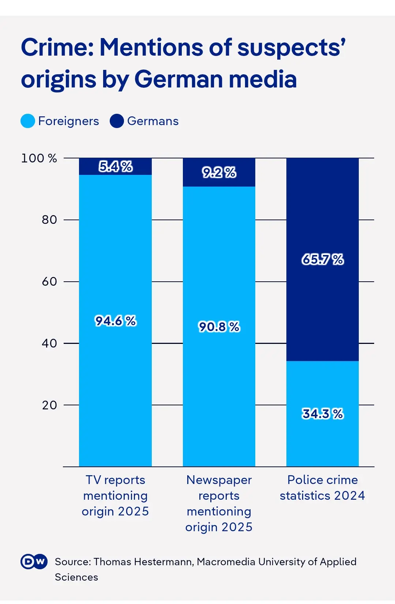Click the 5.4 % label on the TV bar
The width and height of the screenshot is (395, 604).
[116, 167]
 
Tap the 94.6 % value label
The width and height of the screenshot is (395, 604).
[116, 321]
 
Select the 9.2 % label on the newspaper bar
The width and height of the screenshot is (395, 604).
[219, 173]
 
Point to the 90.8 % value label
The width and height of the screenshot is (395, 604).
[219, 327]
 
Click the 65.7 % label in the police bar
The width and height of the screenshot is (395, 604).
[323, 260]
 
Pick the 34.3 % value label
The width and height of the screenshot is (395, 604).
[323, 414]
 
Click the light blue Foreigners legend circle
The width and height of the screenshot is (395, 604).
[28, 121]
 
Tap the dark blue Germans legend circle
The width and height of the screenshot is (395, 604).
[117, 121]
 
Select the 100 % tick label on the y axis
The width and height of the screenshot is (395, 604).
[39, 158]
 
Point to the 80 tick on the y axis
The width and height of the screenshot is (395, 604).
[49, 220]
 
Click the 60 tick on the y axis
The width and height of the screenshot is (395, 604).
[49, 282]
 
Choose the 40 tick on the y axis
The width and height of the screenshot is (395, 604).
[49, 344]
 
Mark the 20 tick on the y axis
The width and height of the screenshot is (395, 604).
[49, 405]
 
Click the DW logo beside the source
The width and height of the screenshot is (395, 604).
[34, 562]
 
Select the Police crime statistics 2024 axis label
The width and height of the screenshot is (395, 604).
[323, 488]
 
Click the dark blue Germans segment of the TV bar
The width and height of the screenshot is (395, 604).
[88, 166]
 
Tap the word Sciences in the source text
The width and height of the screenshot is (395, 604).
[76, 577]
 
